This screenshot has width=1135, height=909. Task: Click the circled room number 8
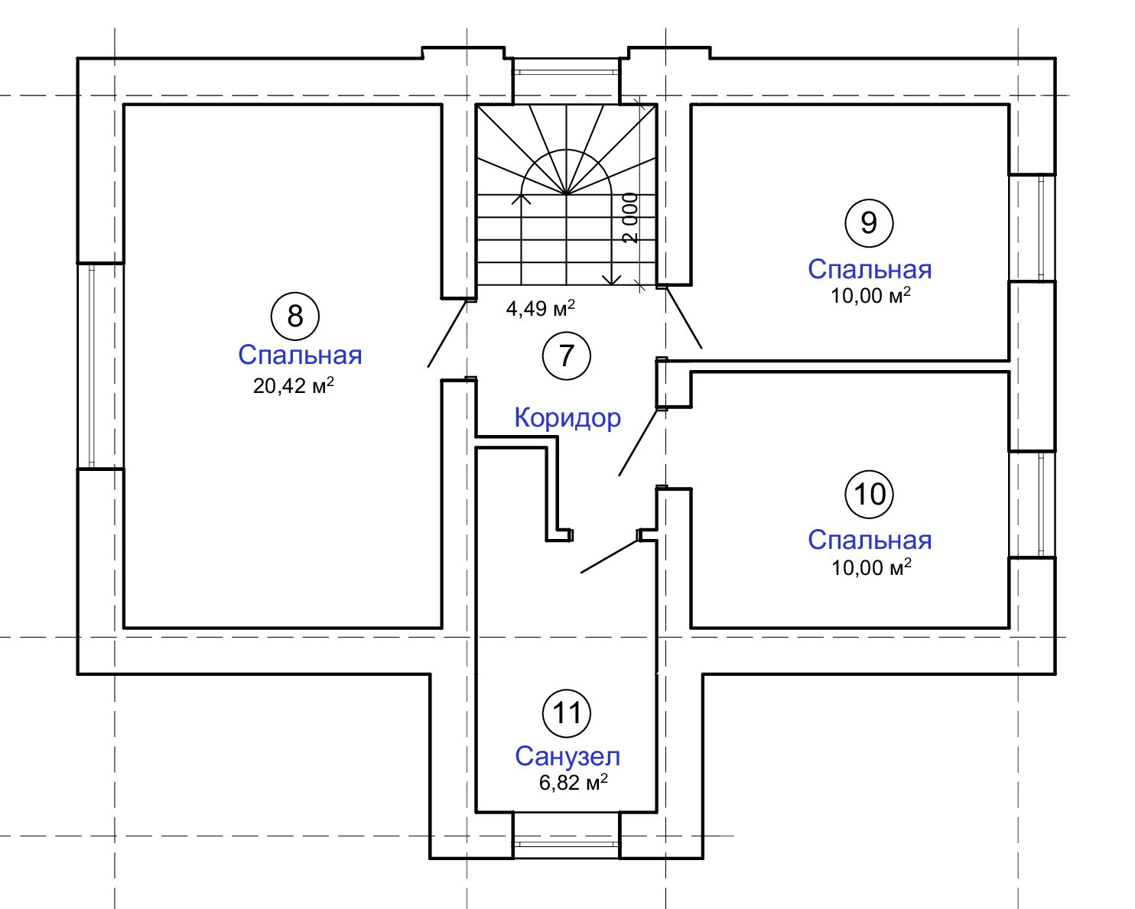[x=295, y=315]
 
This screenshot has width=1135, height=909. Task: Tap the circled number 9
[x=869, y=222]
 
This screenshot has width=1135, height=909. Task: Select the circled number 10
[x=870, y=493]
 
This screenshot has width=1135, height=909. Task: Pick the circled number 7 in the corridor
[x=566, y=355]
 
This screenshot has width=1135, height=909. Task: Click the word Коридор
[x=567, y=418]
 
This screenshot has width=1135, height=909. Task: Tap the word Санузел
[x=567, y=757]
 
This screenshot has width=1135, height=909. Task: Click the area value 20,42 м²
[x=294, y=386]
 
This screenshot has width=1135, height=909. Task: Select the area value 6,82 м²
[x=574, y=782]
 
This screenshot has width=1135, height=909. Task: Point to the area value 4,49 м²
[x=540, y=309]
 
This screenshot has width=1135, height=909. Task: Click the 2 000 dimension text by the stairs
[x=630, y=218]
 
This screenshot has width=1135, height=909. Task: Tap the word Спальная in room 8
[x=300, y=355]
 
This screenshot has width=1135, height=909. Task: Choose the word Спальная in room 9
[x=870, y=269]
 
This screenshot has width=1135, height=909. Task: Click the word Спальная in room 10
[x=870, y=540]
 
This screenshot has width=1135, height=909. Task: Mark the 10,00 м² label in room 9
[x=870, y=296]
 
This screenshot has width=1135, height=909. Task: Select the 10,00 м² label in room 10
[x=870, y=567]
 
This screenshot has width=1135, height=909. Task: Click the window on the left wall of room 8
[x=90, y=365]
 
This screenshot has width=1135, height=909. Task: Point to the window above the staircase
[x=566, y=68]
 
